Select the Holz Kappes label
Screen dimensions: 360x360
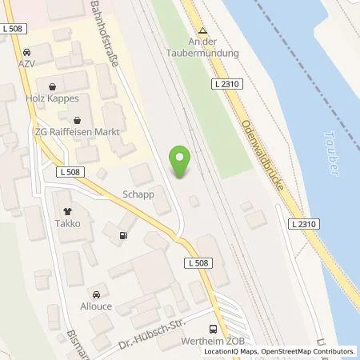coord(53,99)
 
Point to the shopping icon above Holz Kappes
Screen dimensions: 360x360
coord(53,86)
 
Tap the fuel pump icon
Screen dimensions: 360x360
coord(122,235)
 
